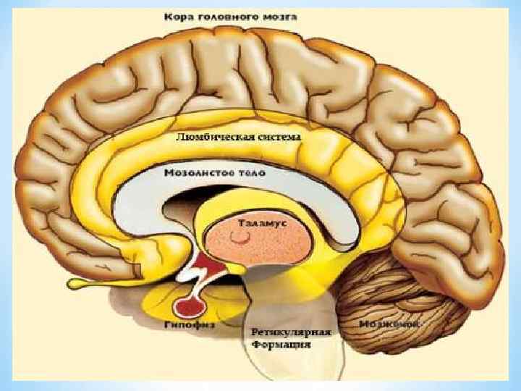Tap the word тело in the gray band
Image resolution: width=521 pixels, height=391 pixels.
click(250, 175)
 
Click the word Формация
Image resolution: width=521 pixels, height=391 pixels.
click(281, 345)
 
